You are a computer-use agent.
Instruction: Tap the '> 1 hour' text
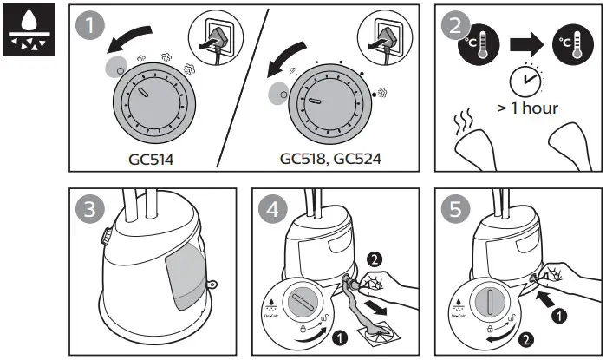click(x=527, y=108)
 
